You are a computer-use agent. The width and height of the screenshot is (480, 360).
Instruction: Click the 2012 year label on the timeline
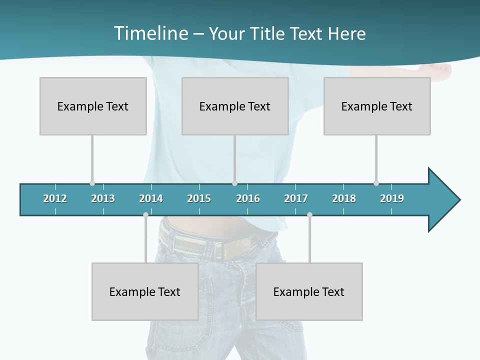point(55,198)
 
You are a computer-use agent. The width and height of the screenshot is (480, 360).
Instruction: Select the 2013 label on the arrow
point(103,198)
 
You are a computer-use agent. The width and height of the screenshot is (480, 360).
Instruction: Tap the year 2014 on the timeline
point(151,198)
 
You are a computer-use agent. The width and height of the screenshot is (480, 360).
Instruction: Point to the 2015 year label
point(199,198)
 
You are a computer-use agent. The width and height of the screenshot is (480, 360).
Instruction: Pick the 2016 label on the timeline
point(248,198)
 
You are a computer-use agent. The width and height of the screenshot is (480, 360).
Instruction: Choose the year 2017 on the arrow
point(296,198)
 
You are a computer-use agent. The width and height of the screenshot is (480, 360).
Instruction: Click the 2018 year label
point(344,198)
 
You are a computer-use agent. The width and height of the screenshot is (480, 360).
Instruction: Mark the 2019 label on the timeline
point(392,198)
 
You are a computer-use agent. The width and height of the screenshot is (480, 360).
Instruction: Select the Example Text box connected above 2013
point(93,106)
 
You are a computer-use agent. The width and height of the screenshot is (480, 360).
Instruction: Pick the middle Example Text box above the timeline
point(235,106)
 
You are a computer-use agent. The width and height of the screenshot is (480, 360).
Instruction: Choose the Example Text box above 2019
point(377,106)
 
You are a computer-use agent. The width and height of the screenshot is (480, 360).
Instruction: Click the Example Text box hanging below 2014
point(145,291)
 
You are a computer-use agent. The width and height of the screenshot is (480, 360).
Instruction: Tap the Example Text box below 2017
point(309,291)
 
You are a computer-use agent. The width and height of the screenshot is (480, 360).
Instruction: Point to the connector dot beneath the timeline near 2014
point(145,215)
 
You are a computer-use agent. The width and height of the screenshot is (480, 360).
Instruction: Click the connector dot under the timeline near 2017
point(309,215)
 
